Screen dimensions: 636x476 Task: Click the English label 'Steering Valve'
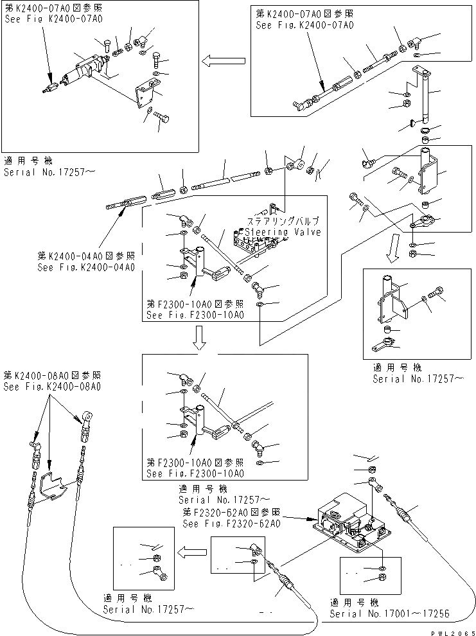[x=279, y=232]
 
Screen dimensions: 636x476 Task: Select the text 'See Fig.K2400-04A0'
[x=86, y=267]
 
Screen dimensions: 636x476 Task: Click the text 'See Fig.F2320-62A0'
[x=232, y=523]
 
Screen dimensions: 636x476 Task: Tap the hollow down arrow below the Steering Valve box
[x=200, y=338]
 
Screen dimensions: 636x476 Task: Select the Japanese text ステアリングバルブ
[x=282, y=219]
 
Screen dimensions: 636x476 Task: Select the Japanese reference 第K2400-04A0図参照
[x=86, y=256]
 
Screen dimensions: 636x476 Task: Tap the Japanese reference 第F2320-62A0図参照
[x=231, y=512]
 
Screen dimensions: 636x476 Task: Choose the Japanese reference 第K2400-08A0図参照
[x=52, y=375]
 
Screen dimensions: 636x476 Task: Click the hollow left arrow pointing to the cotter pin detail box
[x=192, y=551]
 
